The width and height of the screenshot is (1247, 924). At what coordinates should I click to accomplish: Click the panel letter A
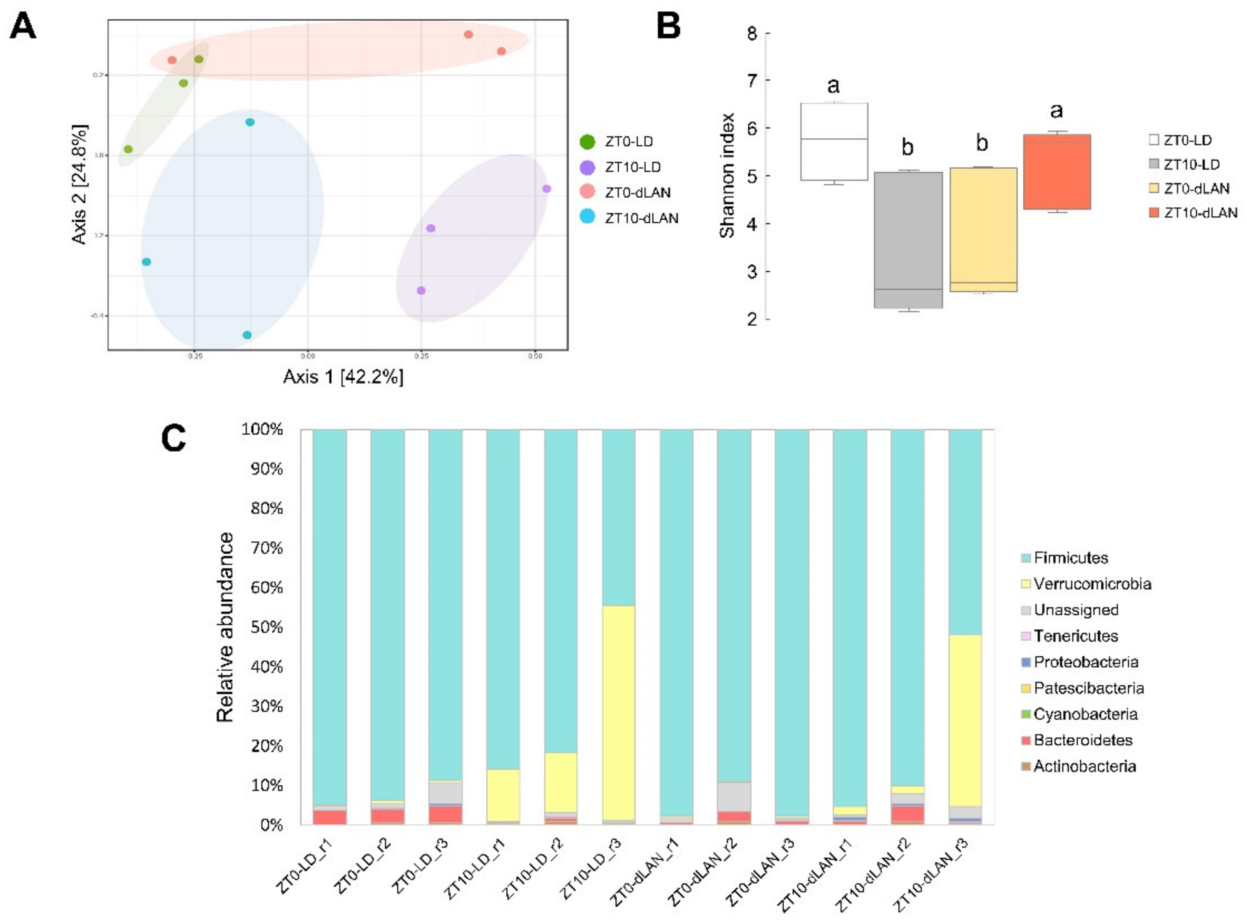point(23,26)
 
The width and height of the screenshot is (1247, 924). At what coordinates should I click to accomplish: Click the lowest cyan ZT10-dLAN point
point(247,335)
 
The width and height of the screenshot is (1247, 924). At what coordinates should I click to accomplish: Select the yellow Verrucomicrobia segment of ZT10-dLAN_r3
point(965,720)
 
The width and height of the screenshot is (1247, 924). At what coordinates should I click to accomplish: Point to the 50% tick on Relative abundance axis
point(267,627)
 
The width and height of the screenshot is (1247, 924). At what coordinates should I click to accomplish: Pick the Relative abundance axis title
point(225,627)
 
